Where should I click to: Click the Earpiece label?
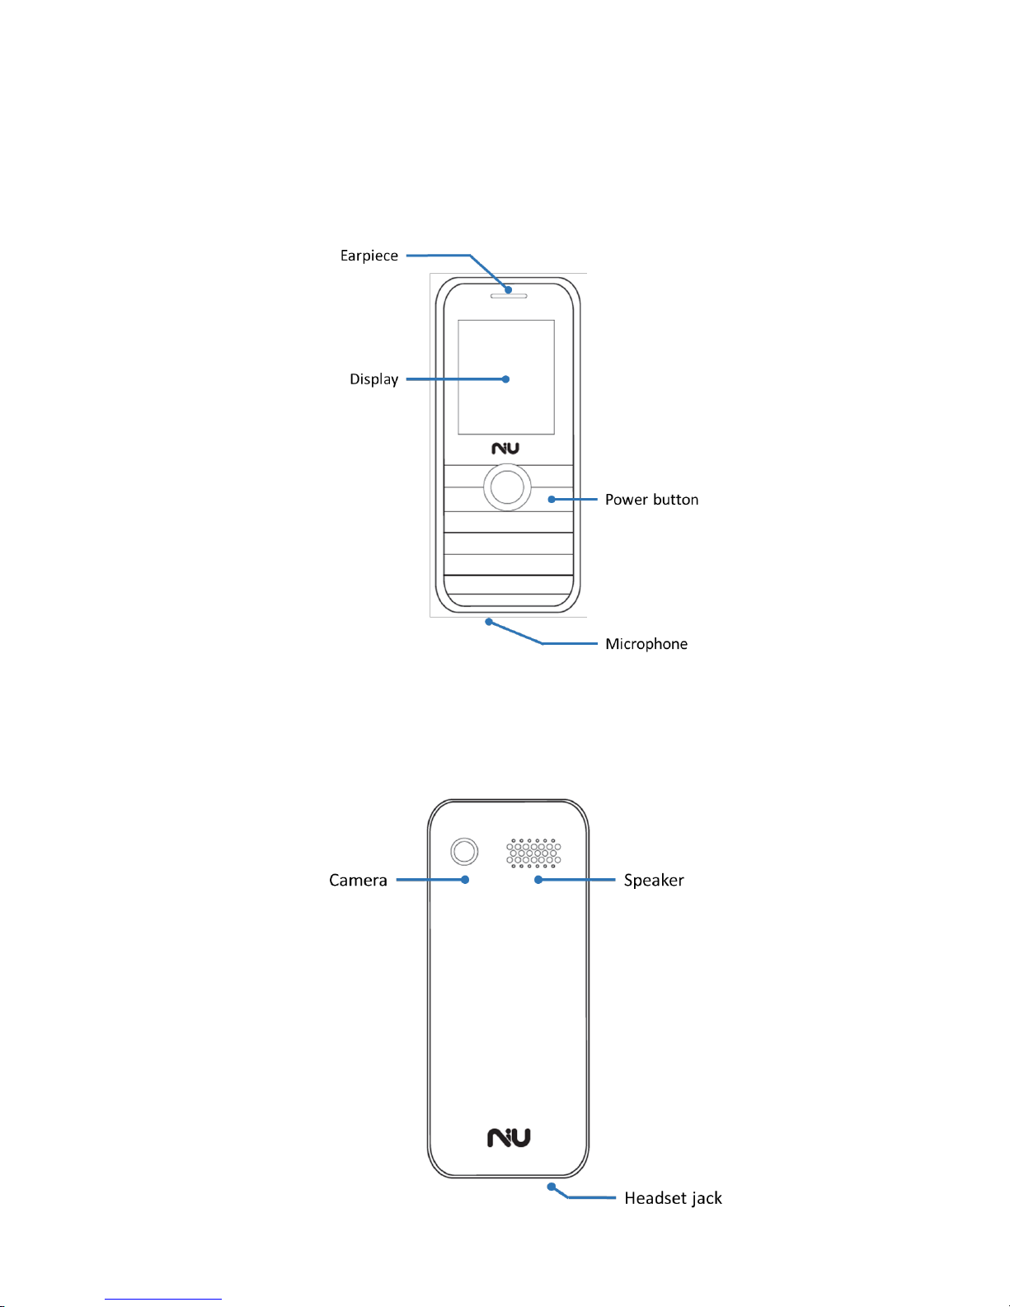point(369,256)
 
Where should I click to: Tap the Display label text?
point(373,379)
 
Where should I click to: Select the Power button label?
point(651,500)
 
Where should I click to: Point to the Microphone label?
point(646,644)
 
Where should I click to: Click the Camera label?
point(358,881)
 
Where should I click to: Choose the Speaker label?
point(653,881)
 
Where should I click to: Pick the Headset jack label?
point(673,1198)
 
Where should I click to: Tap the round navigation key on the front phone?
point(506,487)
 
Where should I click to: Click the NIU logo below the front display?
point(505,449)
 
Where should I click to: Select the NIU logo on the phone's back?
point(509,1138)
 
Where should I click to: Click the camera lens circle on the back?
point(464,852)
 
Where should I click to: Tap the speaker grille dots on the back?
point(533,853)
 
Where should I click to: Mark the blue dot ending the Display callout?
point(506,379)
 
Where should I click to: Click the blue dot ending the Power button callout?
point(552,500)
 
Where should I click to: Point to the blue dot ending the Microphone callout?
point(488,622)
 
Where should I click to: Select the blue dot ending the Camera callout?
point(465,880)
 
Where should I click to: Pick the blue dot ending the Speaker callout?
point(538,880)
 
